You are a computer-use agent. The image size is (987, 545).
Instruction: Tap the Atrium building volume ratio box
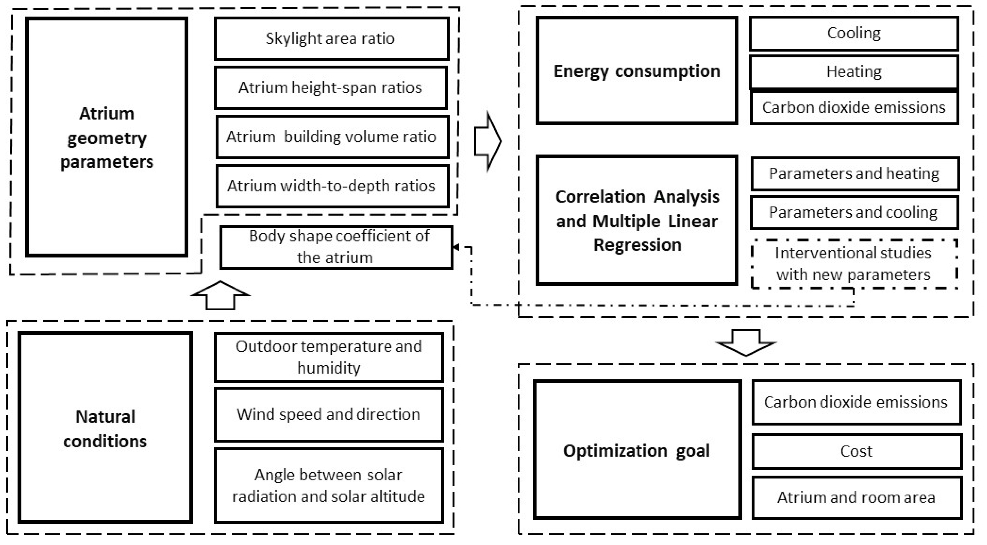point(332,137)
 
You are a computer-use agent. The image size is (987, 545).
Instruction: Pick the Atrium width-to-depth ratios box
point(332,186)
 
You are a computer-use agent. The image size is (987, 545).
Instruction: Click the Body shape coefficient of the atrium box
point(336,247)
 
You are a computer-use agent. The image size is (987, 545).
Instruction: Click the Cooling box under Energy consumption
point(854,33)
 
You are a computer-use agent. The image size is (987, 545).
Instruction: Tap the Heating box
point(854,72)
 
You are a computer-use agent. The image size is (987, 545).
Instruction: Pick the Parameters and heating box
point(855,174)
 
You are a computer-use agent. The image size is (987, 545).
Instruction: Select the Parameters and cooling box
point(854,213)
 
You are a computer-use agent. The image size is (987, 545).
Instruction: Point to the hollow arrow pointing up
point(220,295)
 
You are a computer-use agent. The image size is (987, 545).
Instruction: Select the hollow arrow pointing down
point(746,343)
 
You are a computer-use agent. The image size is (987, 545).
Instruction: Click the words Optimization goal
point(636,451)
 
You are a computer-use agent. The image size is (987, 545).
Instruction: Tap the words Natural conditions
point(105,429)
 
